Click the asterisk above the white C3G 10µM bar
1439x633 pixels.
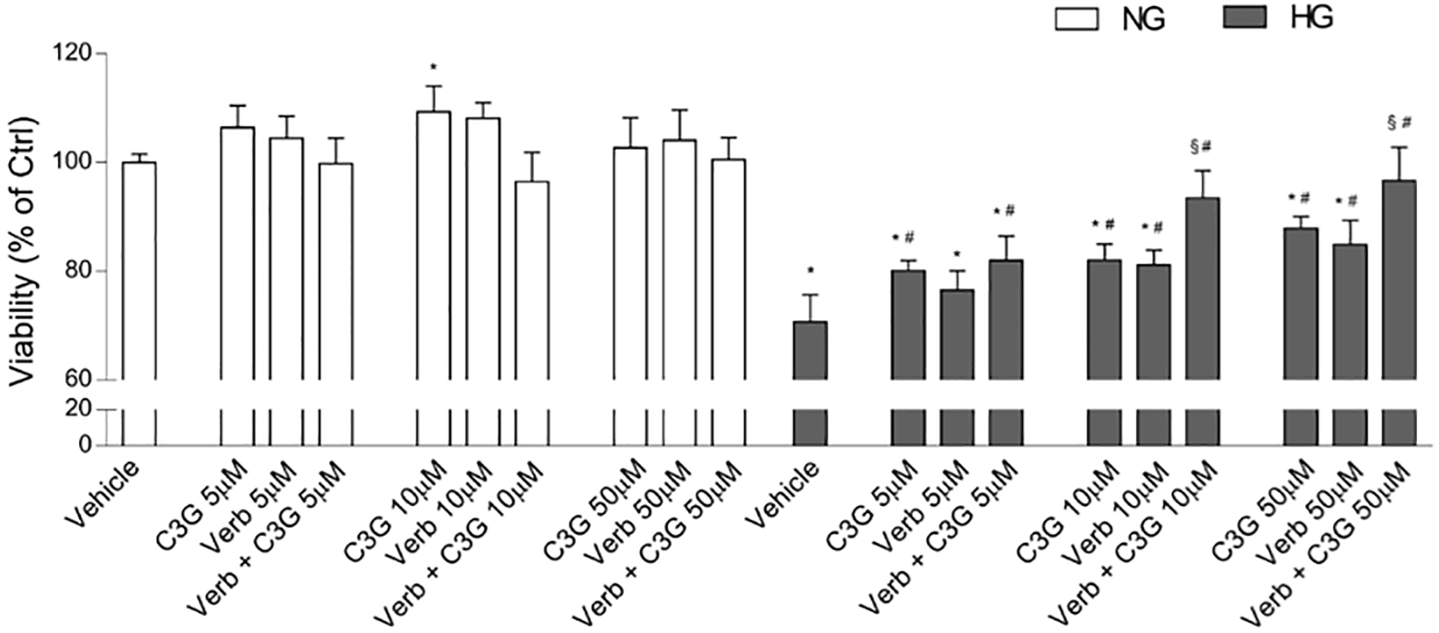(433, 67)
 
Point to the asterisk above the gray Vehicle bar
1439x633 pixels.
(810, 272)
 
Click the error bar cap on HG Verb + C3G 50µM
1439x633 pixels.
(1398, 147)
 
